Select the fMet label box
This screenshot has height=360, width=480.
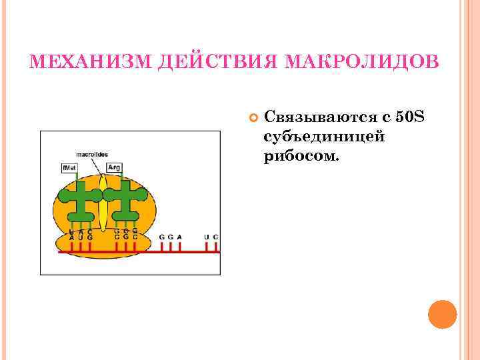(69, 167)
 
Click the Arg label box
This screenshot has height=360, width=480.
(113, 167)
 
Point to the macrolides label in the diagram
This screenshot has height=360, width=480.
(92, 154)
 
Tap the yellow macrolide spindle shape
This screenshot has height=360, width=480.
(103, 200)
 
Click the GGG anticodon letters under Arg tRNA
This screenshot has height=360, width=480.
(126, 231)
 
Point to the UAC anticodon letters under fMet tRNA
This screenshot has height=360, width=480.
(81, 231)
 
